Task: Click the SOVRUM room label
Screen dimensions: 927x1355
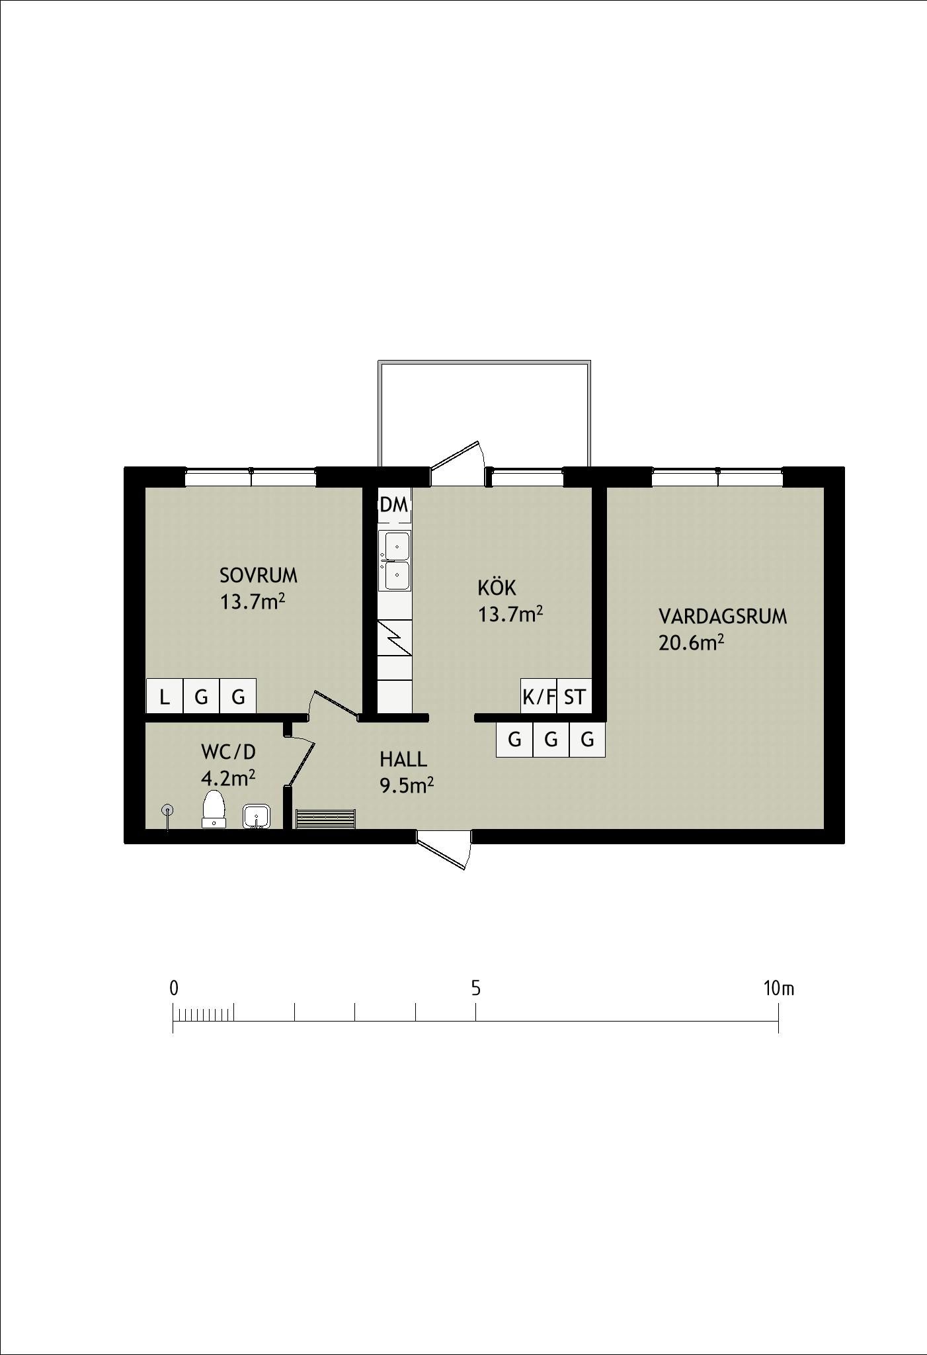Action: (259, 576)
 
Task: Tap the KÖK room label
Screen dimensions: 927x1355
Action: (497, 587)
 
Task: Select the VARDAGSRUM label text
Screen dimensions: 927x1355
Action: (723, 617)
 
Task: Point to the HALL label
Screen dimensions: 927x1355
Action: (403, 759)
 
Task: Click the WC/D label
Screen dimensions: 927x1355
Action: (228, 752)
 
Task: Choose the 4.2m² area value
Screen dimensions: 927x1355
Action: (228, 778)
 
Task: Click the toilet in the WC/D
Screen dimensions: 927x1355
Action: (214, 809)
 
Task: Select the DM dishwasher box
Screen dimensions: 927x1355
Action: (395, 505)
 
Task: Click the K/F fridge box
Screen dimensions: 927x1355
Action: (539, 697)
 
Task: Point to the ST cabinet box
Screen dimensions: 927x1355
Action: (575, 697)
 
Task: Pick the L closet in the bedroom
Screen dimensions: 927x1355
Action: (165, 697)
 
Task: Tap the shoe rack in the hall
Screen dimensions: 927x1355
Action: (325, 818)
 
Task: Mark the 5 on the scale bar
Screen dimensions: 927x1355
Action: (476, 988)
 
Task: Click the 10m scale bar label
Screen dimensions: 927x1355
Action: (779, 988)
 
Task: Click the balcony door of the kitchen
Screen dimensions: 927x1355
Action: (459, 458)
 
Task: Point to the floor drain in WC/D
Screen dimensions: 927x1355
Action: (168, 809)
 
